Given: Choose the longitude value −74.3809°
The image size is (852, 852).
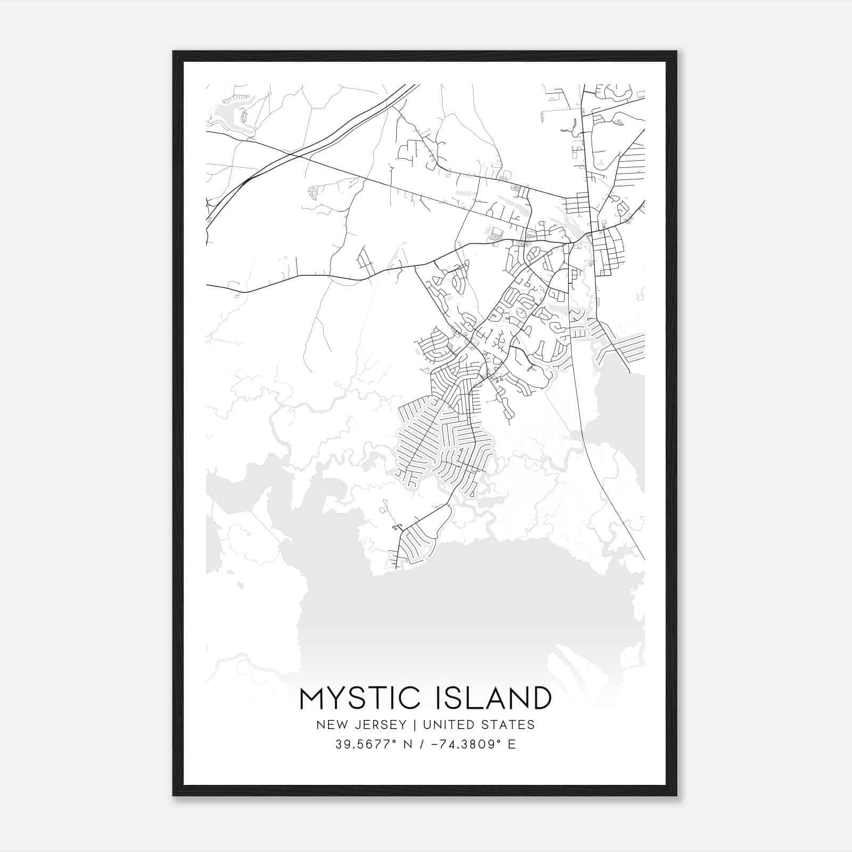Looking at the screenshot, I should [x=459, y=744].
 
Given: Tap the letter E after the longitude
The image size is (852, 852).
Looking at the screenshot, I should [x=512, y=744].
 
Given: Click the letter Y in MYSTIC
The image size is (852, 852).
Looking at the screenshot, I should [x=337, y=698].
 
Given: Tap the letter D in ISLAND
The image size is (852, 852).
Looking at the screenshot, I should [x=540, y=698].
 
